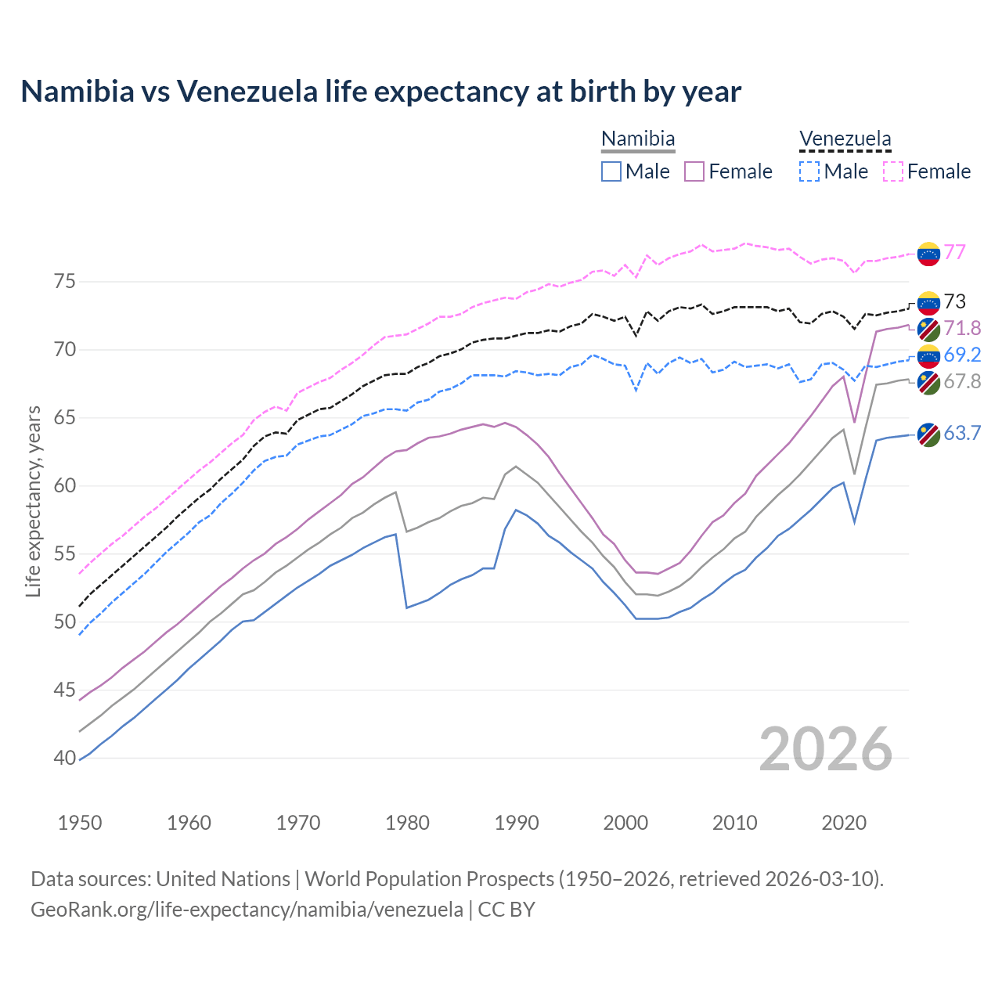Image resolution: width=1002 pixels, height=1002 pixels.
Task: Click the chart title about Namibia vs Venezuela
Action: click(380, 92)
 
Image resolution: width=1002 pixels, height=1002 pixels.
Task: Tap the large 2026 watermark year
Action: click(826, 749)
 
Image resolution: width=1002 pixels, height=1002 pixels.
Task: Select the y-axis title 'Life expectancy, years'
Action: click(33, 501)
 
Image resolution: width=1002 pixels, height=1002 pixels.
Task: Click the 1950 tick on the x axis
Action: click(80, 823)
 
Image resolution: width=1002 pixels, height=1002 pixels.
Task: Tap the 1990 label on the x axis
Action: click(517, 823)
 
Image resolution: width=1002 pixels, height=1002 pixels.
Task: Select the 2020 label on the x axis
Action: click(844, 823)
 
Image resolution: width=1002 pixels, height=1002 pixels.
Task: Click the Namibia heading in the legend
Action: click(638, 139)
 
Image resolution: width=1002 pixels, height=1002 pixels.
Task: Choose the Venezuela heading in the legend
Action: click(845, 139)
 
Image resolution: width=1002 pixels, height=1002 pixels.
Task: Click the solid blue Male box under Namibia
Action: click(611, 171)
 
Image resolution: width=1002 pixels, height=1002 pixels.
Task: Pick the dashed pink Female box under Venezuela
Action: click(893, 171)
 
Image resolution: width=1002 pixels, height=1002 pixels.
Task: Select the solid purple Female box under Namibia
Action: click(694, 171)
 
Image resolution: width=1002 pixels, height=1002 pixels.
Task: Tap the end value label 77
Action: click(954, 252)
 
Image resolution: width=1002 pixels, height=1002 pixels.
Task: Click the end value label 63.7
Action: click(962, 433)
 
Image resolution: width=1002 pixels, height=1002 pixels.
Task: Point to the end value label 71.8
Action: click(962, 328)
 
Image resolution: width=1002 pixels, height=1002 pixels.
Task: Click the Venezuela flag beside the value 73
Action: click(928, 303)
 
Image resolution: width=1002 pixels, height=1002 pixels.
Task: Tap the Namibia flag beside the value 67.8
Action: click(928, 383)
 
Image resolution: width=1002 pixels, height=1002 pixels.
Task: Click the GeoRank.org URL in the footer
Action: click(247, 910)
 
